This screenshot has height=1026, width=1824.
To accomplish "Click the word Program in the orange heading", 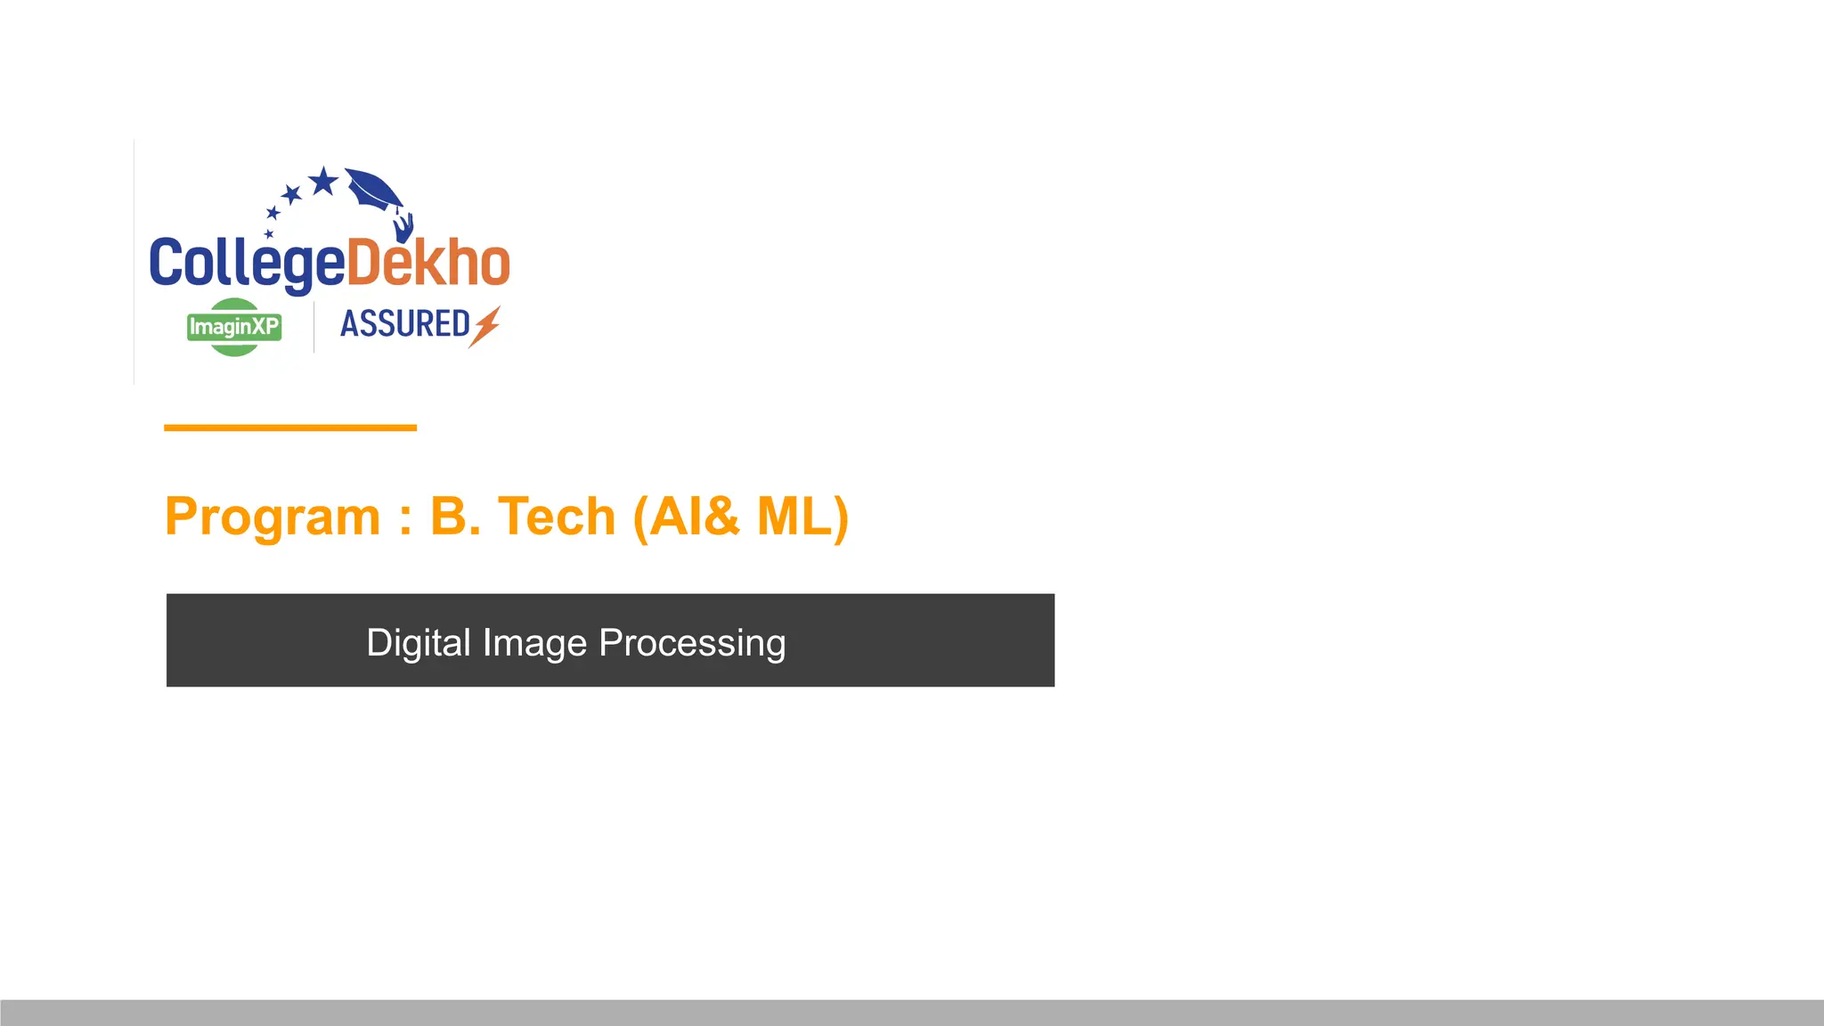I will click(x=273, y=517).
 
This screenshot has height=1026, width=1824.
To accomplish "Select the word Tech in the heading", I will click(x=557, y=517).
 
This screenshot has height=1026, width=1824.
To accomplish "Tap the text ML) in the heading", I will click(x=802, y=517).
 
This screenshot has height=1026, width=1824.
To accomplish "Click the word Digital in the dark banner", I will click(x=418, y=643).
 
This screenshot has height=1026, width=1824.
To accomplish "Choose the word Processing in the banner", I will click(x=692, y=643).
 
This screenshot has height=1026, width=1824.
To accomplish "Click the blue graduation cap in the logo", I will click(x=373, y=188).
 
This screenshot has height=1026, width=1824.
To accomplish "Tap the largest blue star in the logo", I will click(x=323, y=182).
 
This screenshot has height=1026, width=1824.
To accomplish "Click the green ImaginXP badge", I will click(x=234, y=327).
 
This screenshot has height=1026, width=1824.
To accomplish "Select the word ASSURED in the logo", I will click(x=405, y=324).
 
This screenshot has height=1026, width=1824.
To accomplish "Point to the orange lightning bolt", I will click(x=486, y=325).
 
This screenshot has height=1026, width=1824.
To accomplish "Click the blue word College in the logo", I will click(x=247, y=264).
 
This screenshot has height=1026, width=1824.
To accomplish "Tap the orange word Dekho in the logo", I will click(x=428, y=264).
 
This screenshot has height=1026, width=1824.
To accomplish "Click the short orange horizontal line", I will click(x=290, y=428).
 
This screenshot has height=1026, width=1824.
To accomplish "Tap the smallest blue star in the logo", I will click(x=269, y=234).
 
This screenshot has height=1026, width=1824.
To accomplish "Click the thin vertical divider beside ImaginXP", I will click(x=313, y=327).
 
